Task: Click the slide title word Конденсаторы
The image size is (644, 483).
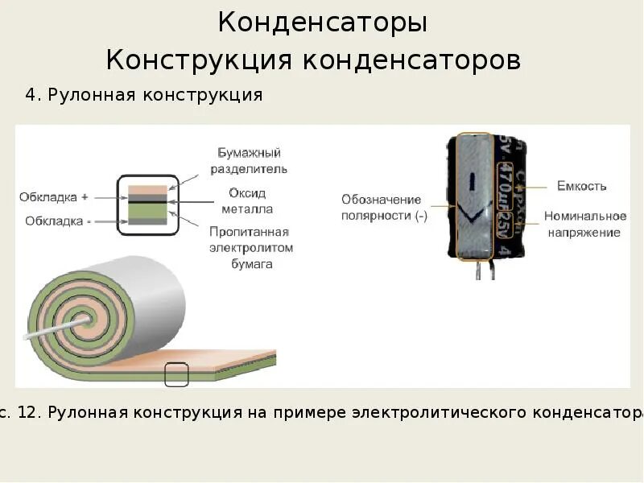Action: [322, 23]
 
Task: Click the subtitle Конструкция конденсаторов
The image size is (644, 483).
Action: [313, 60]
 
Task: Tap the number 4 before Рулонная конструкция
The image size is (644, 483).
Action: [31, 95]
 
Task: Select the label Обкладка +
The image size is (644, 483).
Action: [53, 196]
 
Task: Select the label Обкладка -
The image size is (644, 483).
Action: [57, 221]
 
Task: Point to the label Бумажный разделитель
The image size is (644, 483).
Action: [249, 161]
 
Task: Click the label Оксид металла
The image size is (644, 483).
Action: [247, 201]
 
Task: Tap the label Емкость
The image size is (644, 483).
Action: [581, 186]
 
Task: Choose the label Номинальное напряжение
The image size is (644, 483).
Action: [585, 224]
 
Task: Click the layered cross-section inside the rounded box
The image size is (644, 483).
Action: [148, 204]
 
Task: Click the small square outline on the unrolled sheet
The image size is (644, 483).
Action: [176, 374]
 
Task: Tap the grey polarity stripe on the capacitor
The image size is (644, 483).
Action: [473, 197]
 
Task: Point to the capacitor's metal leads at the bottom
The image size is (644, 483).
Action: [482, 270]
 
